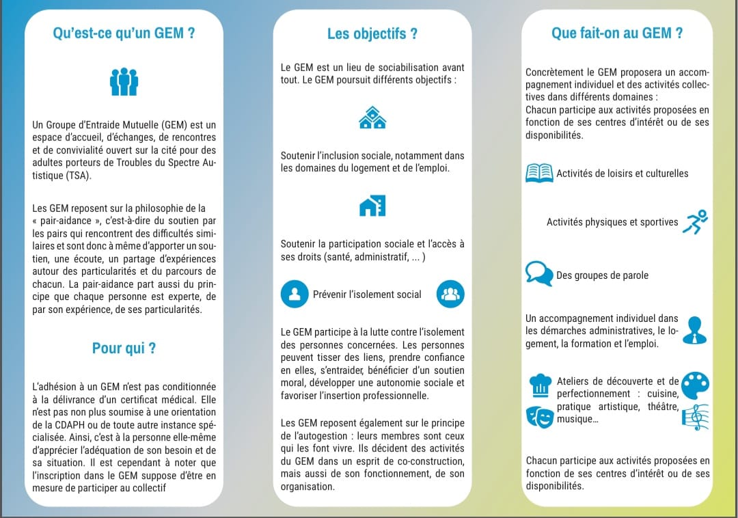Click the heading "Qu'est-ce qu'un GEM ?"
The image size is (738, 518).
124,33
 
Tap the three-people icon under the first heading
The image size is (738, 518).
124,82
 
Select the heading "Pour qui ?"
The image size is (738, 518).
124,348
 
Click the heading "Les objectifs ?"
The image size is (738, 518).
372,33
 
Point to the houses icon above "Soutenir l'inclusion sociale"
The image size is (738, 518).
372,118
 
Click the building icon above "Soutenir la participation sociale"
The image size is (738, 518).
372,206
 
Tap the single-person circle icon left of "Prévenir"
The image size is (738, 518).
295,295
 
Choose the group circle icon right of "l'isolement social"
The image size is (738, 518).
450,295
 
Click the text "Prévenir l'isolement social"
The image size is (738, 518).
367,295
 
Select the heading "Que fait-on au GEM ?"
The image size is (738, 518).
617,33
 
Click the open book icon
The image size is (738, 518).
539,173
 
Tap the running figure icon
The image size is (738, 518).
696,221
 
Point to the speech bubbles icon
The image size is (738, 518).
539,274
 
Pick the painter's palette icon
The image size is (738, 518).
696,385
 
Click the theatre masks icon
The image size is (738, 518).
539,415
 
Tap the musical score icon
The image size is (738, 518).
696,416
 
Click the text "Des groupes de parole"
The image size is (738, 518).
602,275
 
